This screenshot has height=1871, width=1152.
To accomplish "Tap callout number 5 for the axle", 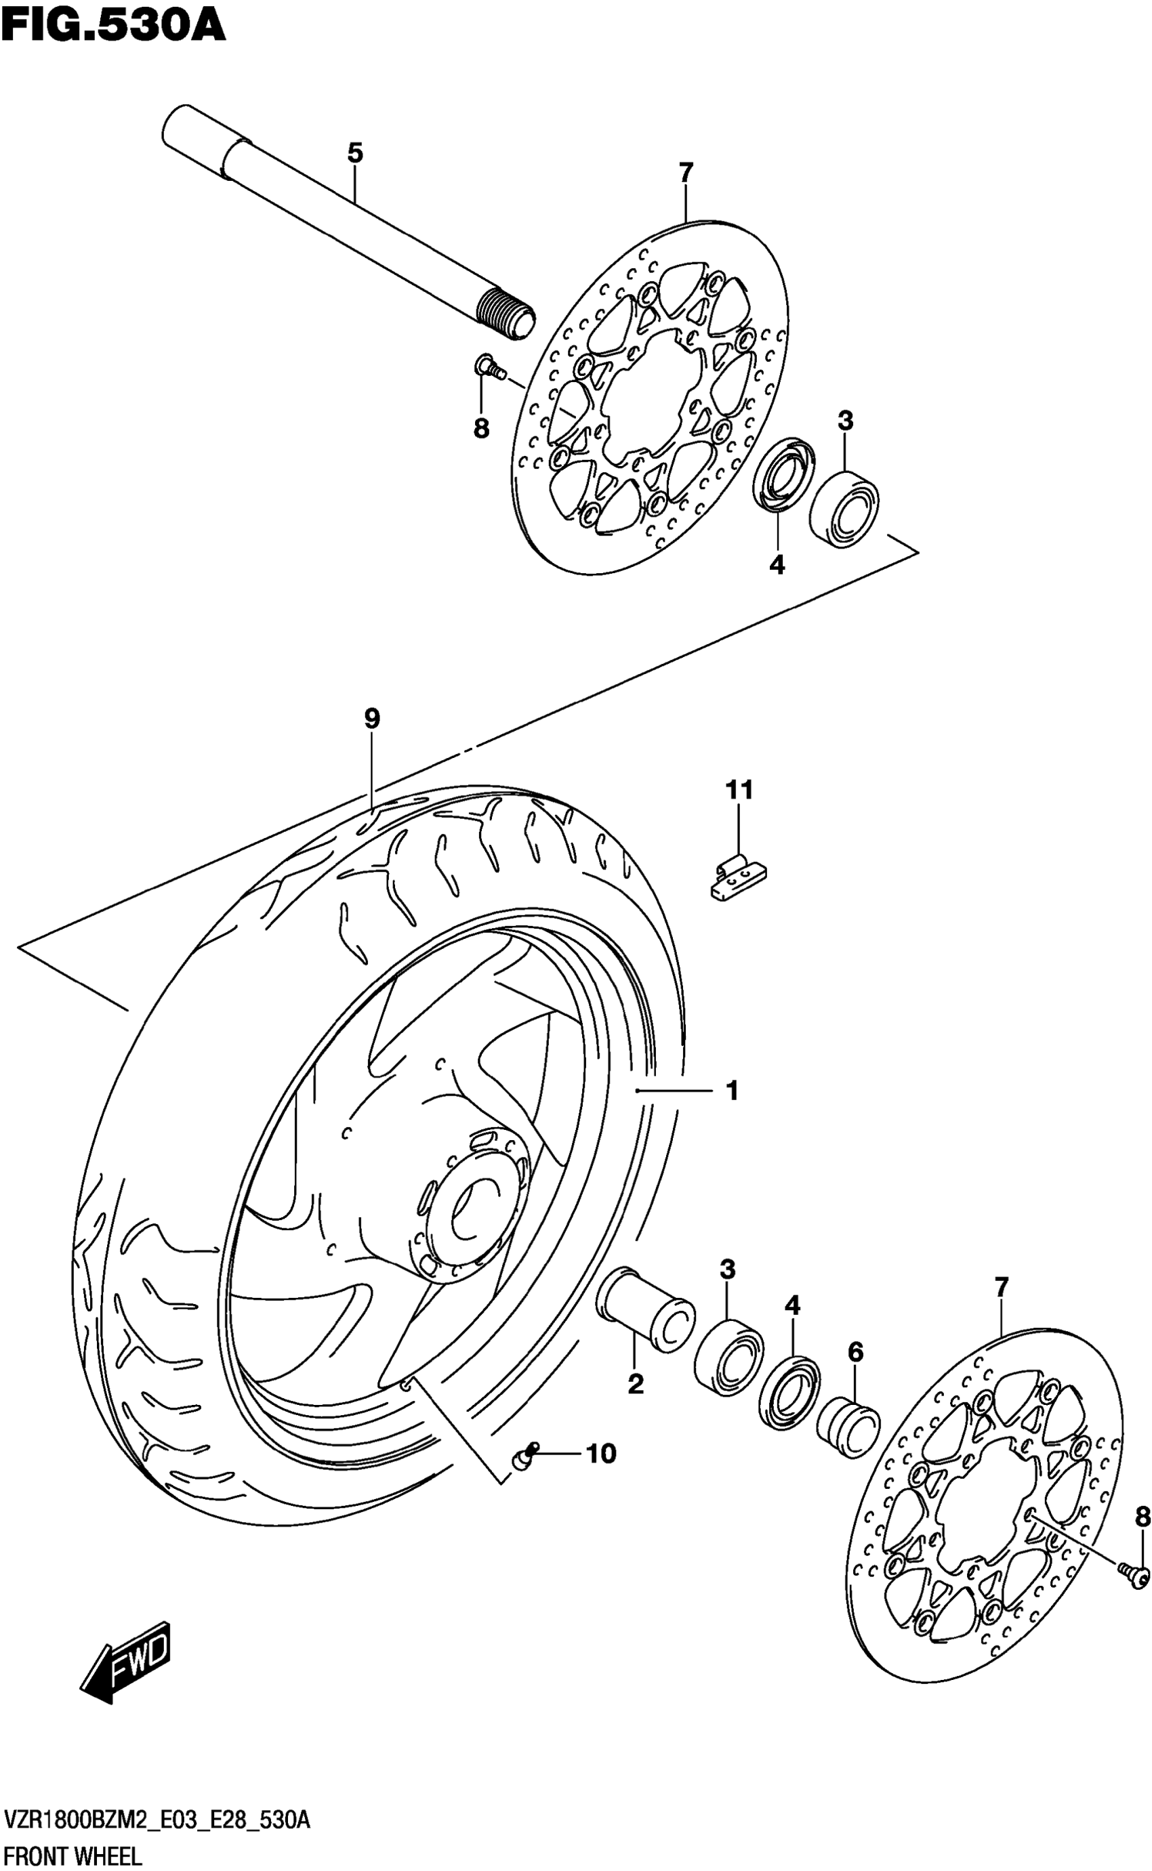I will [x=354, y=153].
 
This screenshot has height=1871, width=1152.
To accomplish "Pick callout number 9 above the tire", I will [x=372, y=718].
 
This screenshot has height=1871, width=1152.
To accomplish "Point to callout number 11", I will [x=738, y=790].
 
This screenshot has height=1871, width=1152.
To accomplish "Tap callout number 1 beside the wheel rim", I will [x=732, y=1091].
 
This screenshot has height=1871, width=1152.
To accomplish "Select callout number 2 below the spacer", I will [x=636, y=1384].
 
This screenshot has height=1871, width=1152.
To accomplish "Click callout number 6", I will [x=856, y=1352].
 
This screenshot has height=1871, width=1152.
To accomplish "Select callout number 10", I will [x=600, y=1454].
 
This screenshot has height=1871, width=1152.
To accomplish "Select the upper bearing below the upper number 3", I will [x=844, y=509].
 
